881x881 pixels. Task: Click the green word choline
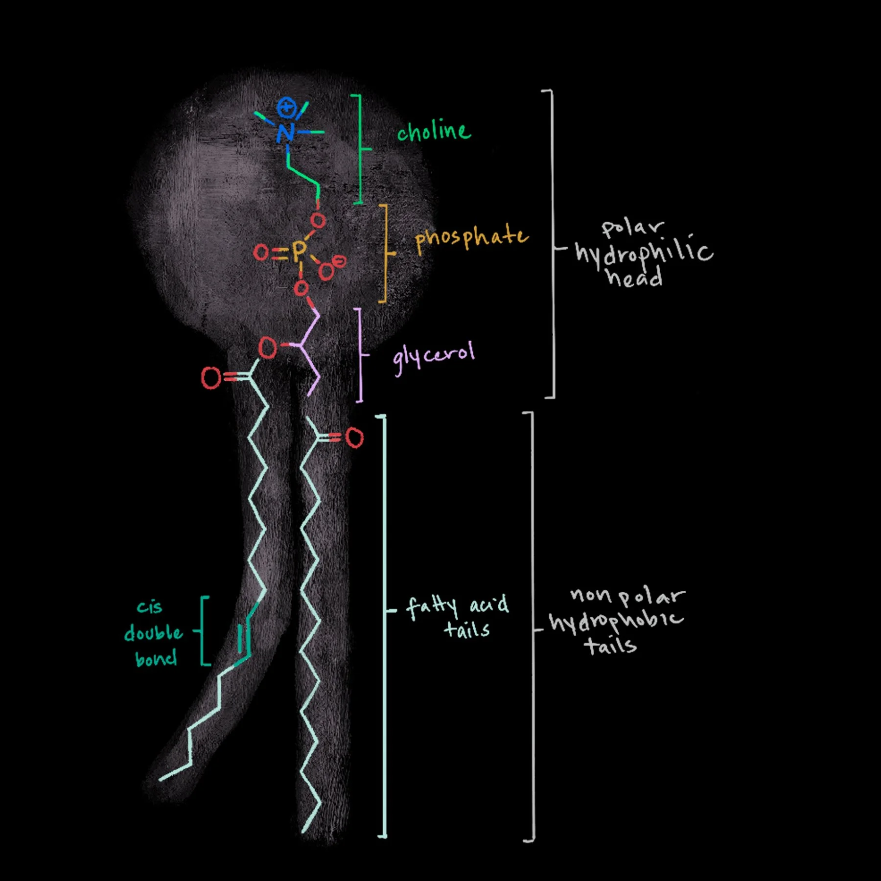pos(434,131)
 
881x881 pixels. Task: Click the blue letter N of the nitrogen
pos(285,133)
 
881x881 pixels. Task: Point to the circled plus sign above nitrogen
pos(286,107)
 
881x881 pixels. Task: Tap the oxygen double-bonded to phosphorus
pos(261,253)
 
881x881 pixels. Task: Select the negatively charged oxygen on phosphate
pos(327,270)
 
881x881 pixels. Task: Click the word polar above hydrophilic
pos(632,228)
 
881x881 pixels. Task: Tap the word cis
pos(149,607)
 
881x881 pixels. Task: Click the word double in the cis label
pos(153,633)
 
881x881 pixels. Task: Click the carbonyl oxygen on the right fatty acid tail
pos(355,438)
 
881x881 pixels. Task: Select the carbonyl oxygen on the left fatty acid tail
pos(211,378)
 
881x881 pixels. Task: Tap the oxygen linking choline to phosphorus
pos(318,221)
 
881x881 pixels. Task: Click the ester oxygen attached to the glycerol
pos(267,348)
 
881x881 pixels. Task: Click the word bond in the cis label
pos(156,659)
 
